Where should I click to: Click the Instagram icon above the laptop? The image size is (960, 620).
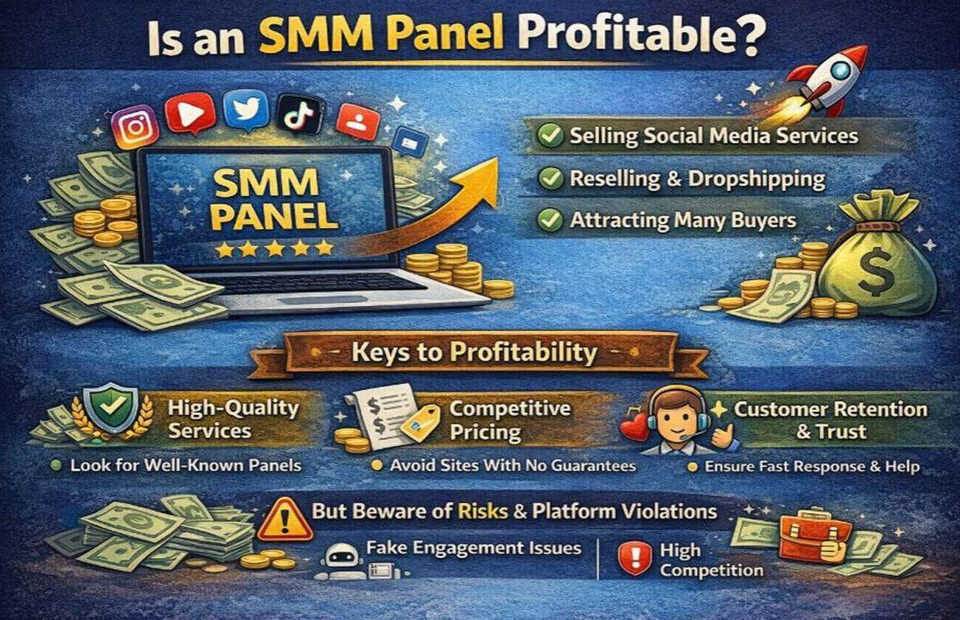pos(135,127)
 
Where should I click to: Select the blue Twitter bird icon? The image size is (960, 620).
pos(246,110)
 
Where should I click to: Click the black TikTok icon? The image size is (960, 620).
pos(299,113)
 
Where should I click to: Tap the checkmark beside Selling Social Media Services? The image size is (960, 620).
pos(551,135)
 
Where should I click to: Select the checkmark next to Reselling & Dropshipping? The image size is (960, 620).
pos(551,178)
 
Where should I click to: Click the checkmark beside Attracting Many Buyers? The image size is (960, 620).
pos(551,220)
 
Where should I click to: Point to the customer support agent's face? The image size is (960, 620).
pos(676,412)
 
